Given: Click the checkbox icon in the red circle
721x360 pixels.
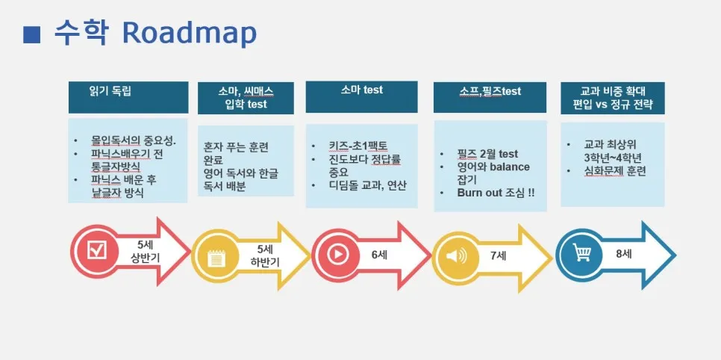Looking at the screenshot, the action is point(99,250).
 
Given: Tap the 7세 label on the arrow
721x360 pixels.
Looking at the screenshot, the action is point(498,255).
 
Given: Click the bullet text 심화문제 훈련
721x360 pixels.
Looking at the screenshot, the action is point(617,171).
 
